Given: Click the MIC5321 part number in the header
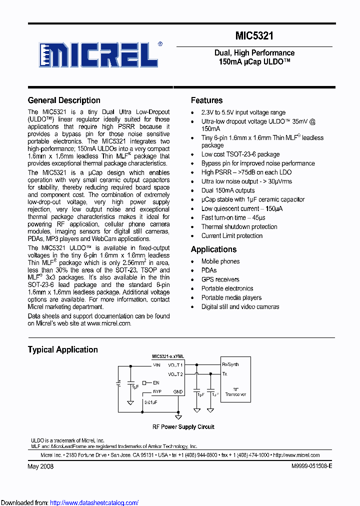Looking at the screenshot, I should tap(254, 36).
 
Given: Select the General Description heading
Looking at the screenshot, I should tap(64, 100).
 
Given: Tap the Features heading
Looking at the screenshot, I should tap(207, 100).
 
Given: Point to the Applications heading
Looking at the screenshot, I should tap(214, 249).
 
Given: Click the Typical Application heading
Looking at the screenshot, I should tap(63, 349).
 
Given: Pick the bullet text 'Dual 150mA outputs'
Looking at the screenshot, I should tap(228, 190).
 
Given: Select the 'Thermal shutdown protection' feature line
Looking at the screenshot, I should tap(239, 226).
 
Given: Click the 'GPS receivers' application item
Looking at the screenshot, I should tap(220, 279).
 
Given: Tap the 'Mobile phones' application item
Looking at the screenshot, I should tap(220, 261).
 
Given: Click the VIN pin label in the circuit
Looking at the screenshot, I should tap(156, 365).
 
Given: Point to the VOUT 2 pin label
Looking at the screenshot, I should tap(175, 374).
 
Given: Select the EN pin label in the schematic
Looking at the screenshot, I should tap(156, 383).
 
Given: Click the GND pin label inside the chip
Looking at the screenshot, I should tap(178, 392).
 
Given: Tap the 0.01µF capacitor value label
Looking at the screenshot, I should tap(151, 401).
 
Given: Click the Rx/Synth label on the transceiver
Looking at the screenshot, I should tap(230, 365).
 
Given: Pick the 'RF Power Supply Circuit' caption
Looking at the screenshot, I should tap(183, 427).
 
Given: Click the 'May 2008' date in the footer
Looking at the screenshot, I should tap(40, 466).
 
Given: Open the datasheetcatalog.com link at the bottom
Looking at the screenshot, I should tap(94, 502).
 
